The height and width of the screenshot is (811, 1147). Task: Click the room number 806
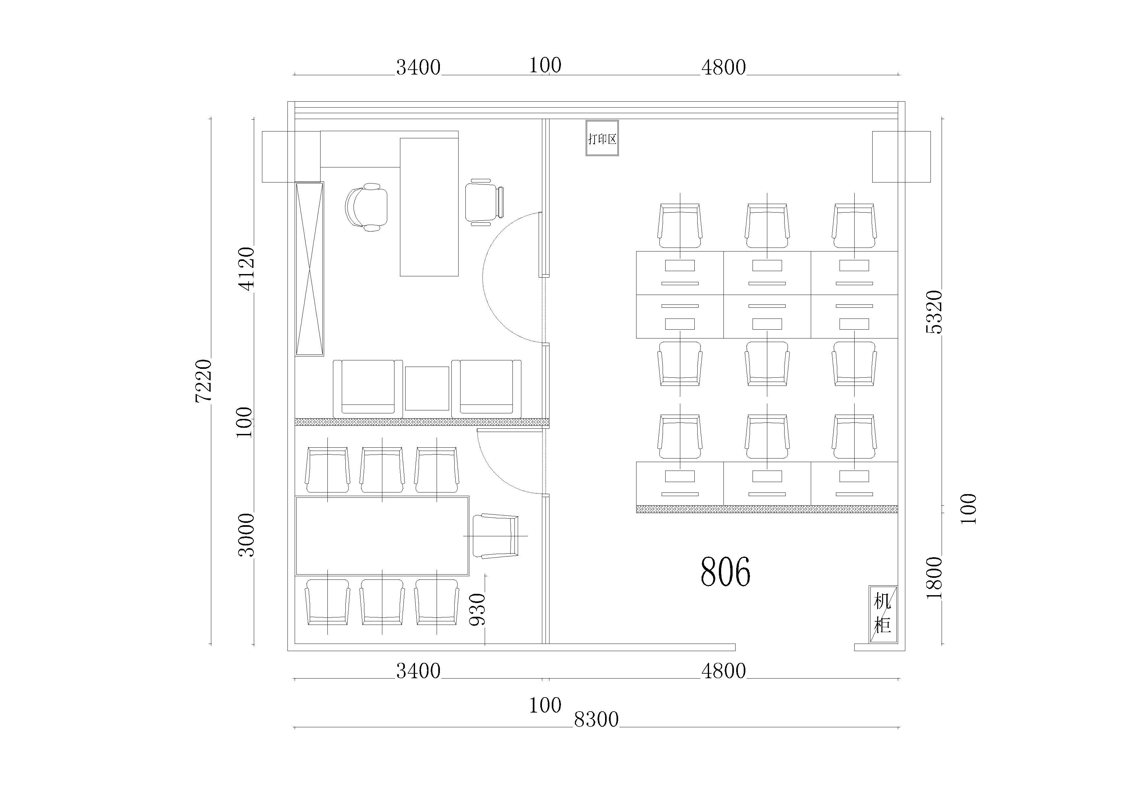coord(725,572)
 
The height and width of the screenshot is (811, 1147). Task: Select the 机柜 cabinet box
coord(883,614)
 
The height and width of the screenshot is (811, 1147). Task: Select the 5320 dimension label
coord(934,312)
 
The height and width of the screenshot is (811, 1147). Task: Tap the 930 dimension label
coord(478,609)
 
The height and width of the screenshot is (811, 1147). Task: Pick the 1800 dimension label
coord(934,578)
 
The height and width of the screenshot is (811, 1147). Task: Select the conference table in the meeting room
coord(382,535)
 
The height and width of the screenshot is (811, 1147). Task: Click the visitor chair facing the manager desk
coord(484,202)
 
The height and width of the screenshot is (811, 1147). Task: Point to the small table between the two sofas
coord(426,388)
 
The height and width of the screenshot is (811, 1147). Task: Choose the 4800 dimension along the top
coord(723,67)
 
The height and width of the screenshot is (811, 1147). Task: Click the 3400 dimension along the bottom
coord(418,671)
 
